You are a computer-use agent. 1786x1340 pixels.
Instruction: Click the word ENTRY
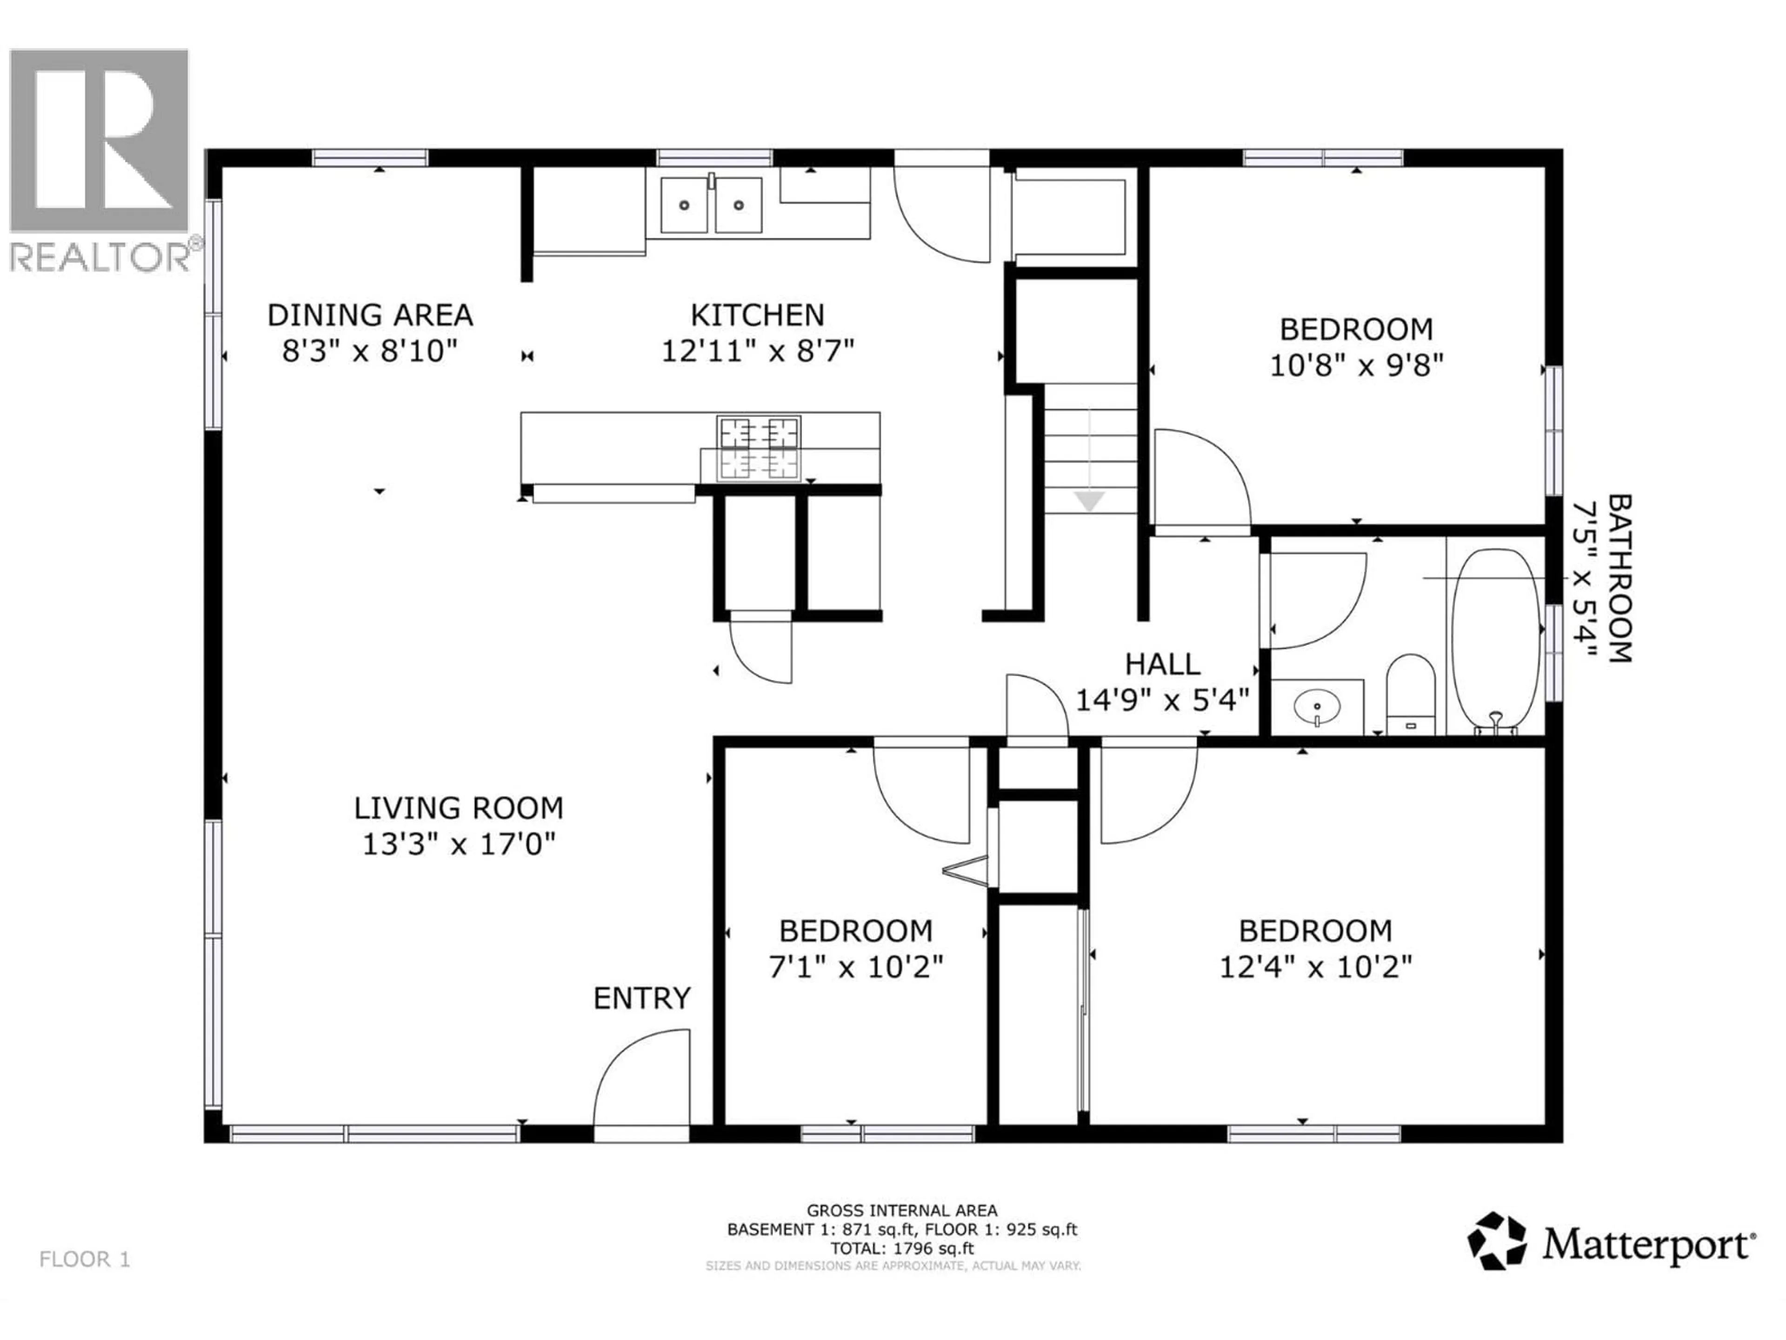(642, 998)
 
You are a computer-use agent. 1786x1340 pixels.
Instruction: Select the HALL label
(1163, 664)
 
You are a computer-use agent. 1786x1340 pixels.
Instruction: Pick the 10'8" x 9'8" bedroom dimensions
(1356, 366)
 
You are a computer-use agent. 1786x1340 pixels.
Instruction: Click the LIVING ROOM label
(459, 808)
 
